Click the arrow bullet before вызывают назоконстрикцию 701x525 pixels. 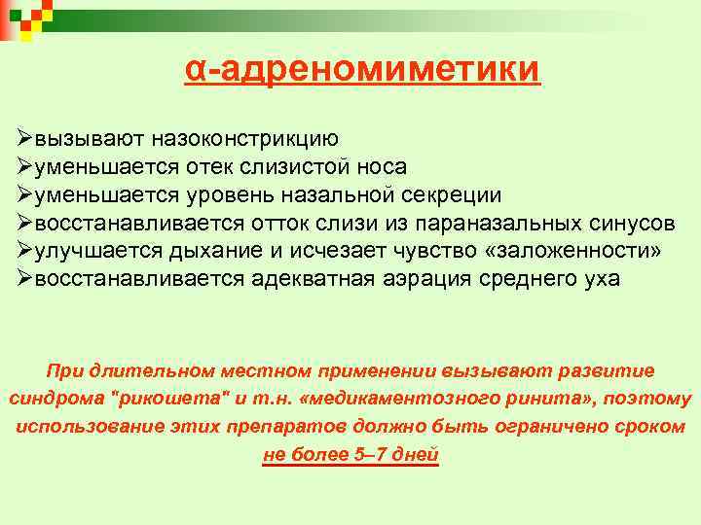point(25,139)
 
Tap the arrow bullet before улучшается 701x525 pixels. point(25,251)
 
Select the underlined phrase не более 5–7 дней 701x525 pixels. point(351,455)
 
